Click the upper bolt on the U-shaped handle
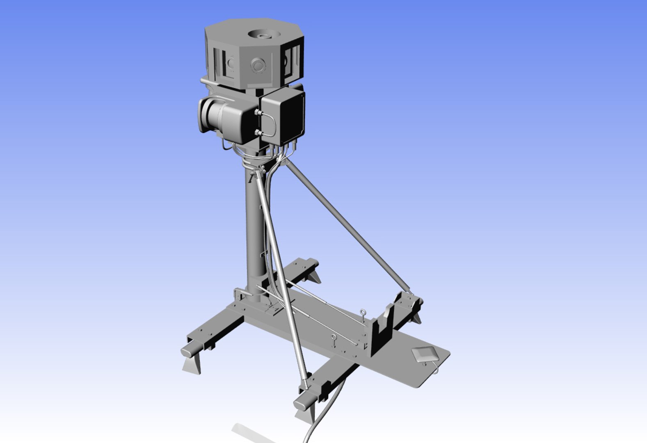click(257, 112)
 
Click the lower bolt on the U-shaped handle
click(257, 132)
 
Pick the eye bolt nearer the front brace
click(334, 339)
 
